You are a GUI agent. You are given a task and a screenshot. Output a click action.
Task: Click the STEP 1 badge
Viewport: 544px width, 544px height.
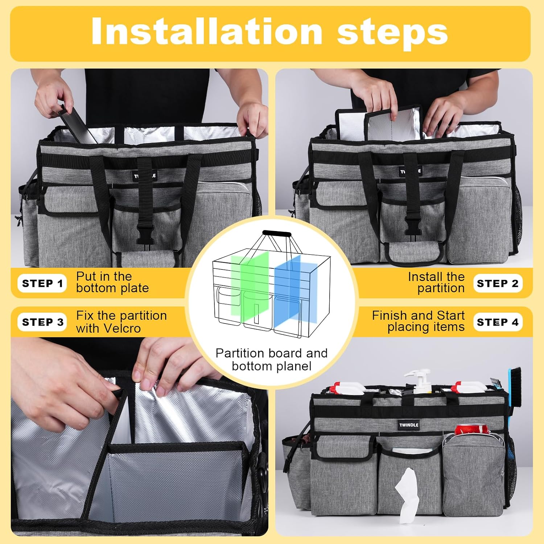pos(42,283)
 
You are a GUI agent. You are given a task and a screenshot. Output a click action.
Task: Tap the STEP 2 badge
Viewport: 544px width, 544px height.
pos(498,283)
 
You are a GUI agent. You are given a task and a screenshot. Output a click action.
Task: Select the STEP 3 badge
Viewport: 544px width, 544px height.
pos(42,322)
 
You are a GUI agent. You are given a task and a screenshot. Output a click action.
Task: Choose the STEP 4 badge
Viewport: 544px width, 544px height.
pos(498,322)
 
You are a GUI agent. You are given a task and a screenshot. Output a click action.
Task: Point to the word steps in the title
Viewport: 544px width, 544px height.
pos(392,34)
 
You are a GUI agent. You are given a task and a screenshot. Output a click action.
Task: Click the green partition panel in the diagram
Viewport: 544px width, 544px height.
pos(250,287)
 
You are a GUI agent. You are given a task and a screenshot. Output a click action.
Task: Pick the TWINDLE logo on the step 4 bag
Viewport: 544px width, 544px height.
pos(409,425)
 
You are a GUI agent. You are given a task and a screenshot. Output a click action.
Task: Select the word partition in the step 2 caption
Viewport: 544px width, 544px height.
pos(441,288)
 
